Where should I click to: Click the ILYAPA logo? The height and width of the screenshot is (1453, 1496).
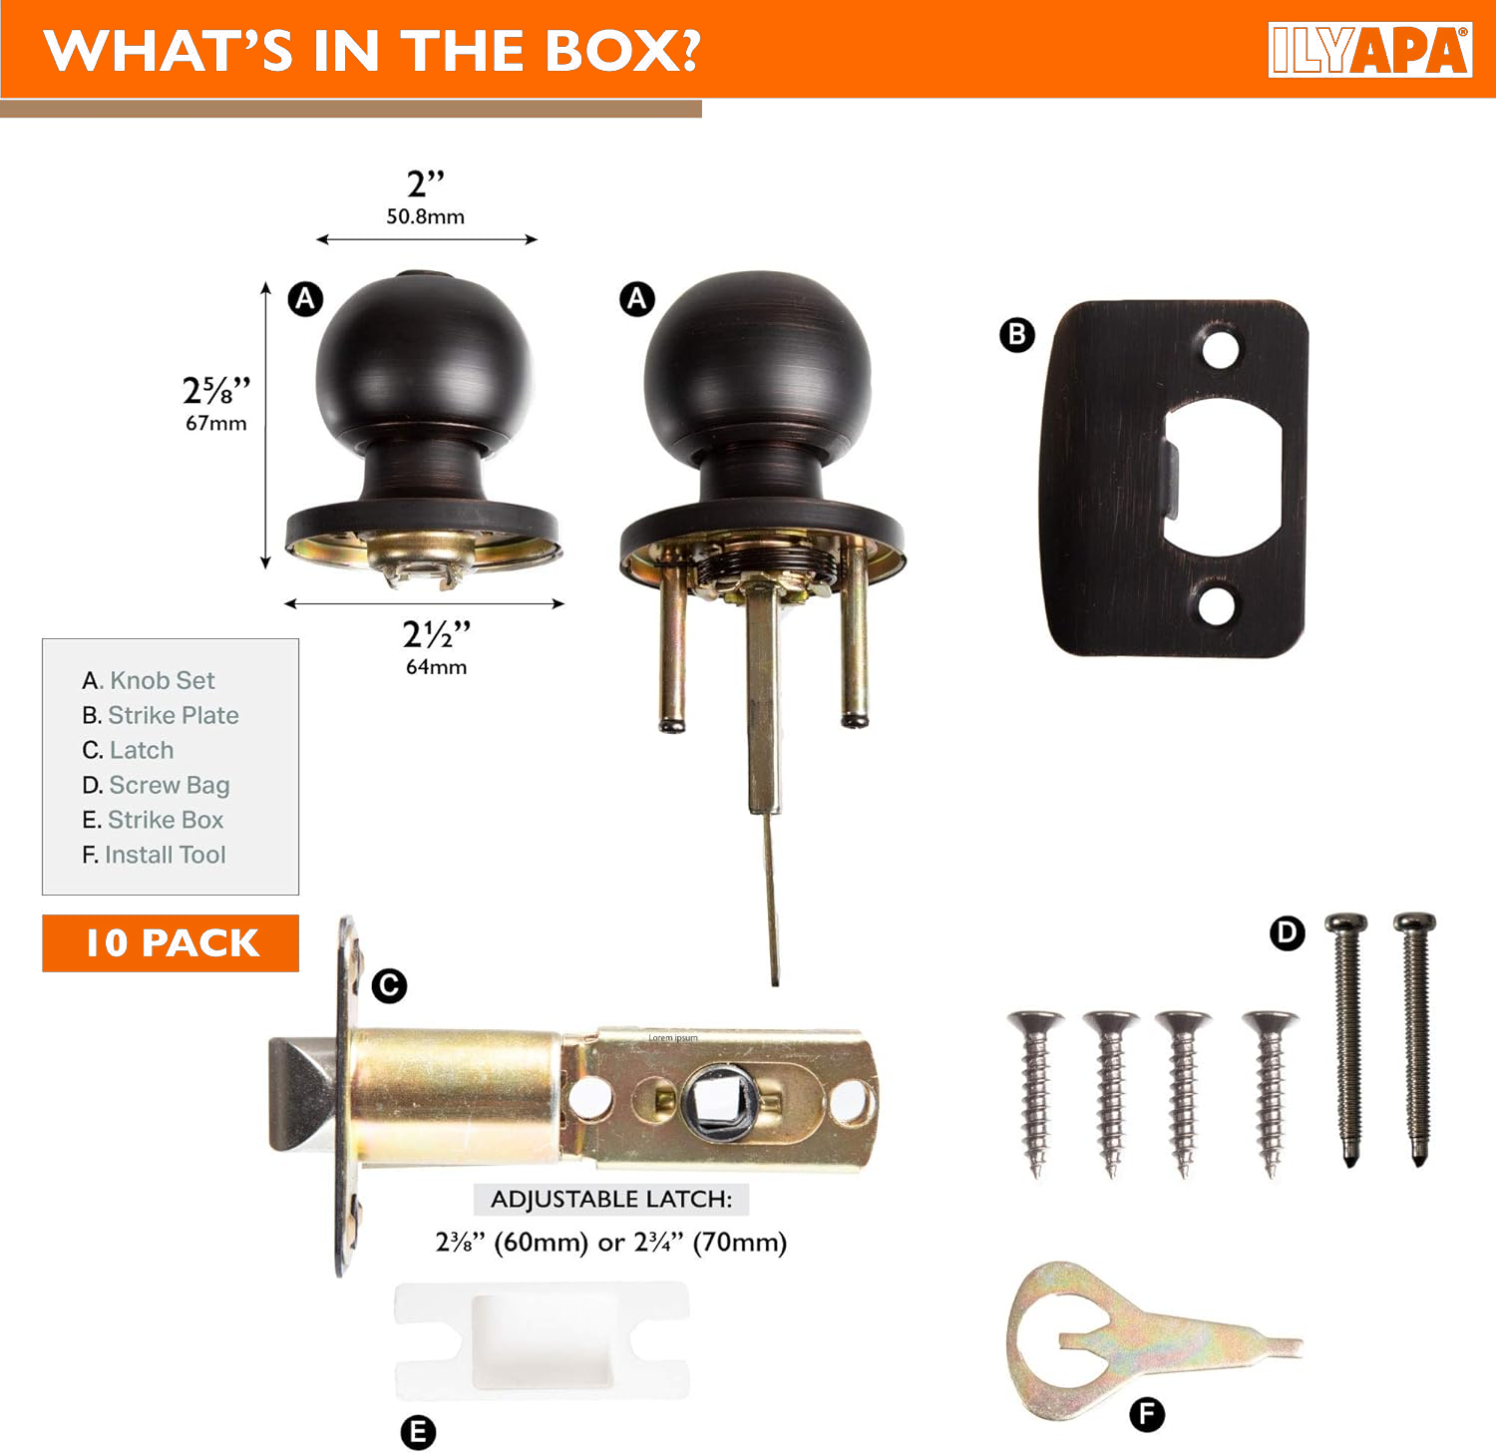1370,50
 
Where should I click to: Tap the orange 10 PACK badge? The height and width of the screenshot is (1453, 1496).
171,942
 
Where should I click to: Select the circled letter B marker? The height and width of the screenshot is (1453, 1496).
1017,334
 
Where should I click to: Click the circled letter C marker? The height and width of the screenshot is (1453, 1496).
389,986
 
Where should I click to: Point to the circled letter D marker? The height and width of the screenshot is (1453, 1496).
1288,933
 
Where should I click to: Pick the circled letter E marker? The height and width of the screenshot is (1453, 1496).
418,1432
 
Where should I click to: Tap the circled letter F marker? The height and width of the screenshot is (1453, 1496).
1147,1414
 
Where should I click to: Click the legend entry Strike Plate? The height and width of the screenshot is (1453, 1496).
161,715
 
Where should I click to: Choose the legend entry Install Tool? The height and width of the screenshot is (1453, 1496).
154,855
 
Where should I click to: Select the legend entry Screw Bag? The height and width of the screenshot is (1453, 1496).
156,786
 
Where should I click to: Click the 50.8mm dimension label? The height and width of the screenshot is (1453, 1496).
426,216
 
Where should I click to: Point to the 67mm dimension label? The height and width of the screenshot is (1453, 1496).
216,423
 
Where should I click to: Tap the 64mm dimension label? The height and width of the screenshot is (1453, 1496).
436,666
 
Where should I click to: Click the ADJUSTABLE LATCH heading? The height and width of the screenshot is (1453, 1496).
611,1199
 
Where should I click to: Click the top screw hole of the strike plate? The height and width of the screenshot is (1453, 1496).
1220,350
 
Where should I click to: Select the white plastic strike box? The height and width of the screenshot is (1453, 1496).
542,1340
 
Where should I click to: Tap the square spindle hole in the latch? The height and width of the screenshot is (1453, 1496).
719,1101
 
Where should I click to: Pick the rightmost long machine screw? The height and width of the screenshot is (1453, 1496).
1415,1038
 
